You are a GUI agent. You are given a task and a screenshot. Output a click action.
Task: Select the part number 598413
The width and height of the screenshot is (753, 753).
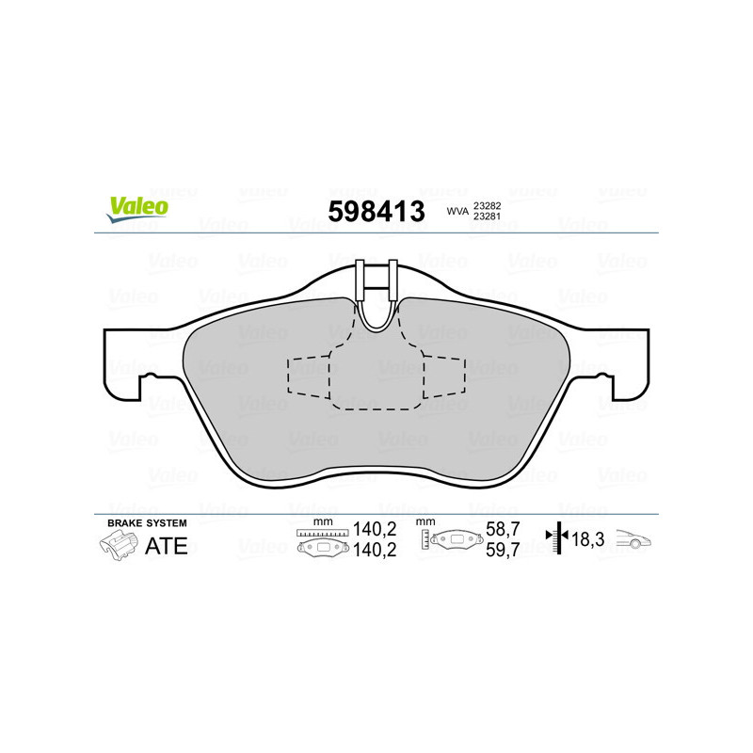[x=376, y=211]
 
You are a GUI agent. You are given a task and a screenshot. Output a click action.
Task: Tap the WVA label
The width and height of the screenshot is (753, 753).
[x=457, y=213]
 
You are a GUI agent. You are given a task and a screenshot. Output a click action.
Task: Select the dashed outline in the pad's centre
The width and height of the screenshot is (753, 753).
[x=376, y=376]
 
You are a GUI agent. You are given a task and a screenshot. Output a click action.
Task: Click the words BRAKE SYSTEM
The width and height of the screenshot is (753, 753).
[x=147, y=522]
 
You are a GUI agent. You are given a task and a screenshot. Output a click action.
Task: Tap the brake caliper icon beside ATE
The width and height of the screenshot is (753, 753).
[x=118, y=545]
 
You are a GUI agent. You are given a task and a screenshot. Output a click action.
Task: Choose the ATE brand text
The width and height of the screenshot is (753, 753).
[x=166, y=546]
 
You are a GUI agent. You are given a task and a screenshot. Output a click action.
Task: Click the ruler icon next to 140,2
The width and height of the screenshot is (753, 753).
[x=322, y=533]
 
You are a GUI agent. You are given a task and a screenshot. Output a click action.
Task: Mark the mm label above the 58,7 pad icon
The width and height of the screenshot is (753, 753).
[x=424, y=521]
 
